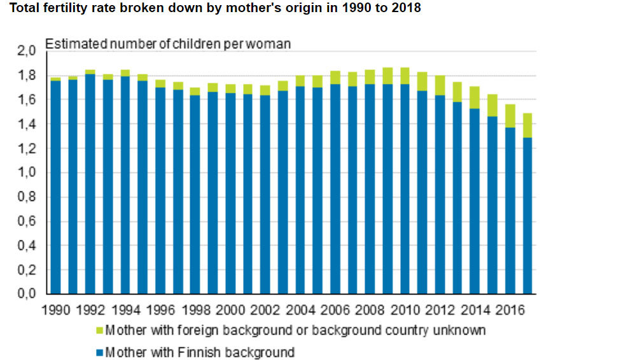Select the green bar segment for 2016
tap(510, 116)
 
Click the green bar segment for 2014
tap(475, 97)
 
